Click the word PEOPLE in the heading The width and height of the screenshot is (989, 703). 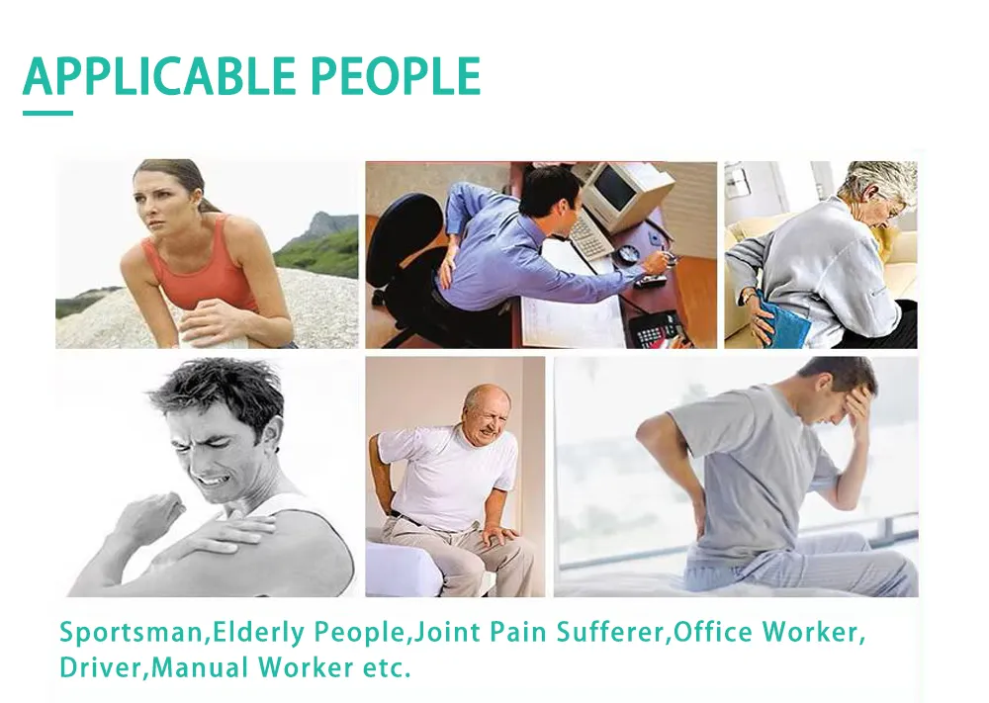coord(397,76)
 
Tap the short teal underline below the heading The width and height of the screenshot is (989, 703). coord(47,114)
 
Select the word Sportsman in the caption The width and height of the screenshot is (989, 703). coord(132,633)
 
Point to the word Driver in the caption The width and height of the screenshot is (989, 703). coord(102,667)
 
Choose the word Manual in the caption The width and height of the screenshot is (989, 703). coord(201,667)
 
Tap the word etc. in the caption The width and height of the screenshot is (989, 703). coord(387,668)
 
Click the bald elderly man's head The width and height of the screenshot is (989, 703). coord(487,413)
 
